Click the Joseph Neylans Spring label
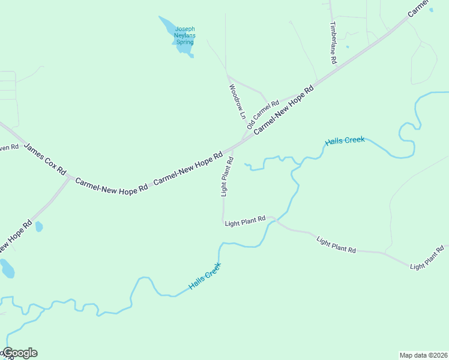[185, 35]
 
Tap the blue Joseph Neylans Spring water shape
[168, 26]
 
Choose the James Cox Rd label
[45, 158]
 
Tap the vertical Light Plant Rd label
[226, 176]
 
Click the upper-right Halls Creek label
[345, 141]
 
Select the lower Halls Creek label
[205, 276]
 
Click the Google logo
[19, 353]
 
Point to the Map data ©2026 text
[423, 355]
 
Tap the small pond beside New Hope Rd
[39, 227]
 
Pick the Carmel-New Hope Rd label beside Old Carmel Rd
[283, 110]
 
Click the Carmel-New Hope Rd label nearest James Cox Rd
[111, 184]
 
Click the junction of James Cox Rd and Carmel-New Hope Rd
[71, 178]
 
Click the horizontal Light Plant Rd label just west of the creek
[245, 222]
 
